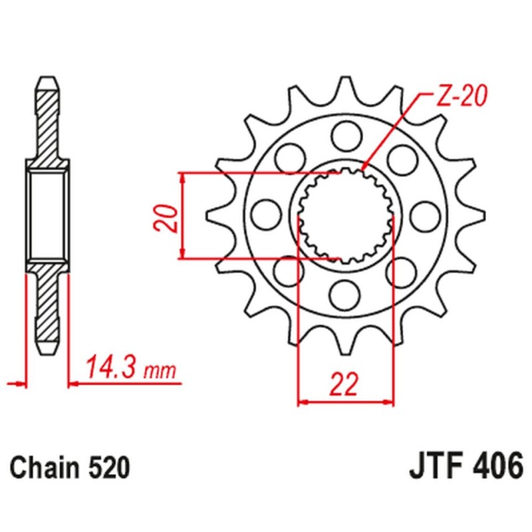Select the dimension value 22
click(x=344, y=384)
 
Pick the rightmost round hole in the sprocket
click(x=424, y=214)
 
